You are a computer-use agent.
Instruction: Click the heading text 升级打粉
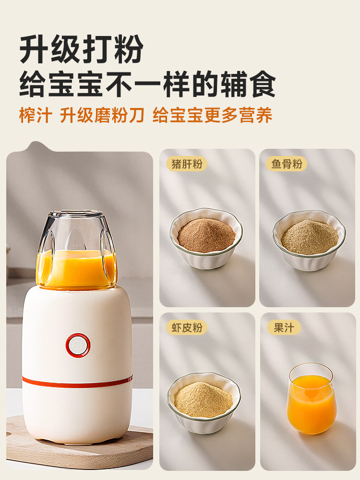(82, 49)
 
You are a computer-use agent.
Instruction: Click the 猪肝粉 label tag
(187, 164)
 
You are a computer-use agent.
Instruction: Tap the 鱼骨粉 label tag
(287, 164)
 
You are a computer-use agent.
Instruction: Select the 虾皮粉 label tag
(187, 328)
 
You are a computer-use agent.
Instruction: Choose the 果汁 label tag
(284, 328)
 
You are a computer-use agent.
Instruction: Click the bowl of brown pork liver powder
(206, 237)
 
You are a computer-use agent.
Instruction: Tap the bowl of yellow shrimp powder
(204, 402)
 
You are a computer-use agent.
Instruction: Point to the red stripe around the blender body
(77, 382)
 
